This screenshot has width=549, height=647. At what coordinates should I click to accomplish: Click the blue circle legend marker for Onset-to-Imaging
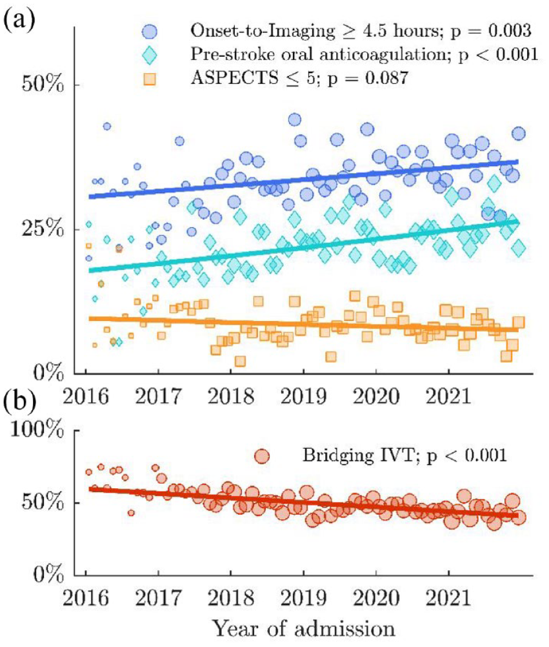point(149,32)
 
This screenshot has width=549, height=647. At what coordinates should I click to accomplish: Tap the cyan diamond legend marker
point(149,55)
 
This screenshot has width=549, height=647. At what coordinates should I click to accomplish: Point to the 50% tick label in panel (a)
point(43,85)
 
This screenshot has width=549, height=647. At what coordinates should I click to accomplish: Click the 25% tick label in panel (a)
point(43,229)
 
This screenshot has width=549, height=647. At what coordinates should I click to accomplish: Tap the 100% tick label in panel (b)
point(37,431)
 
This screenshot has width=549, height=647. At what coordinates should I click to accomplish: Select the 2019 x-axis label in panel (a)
point(303,396)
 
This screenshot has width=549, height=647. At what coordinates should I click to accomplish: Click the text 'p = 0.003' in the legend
point(490,31)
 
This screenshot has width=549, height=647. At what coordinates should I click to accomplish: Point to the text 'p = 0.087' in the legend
point(368,78)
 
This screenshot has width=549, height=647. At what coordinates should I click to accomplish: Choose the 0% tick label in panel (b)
point(48,575)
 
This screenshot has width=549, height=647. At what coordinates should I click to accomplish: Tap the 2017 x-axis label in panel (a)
point(158,396)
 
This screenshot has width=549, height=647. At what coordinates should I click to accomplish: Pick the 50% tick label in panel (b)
point(43,503)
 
